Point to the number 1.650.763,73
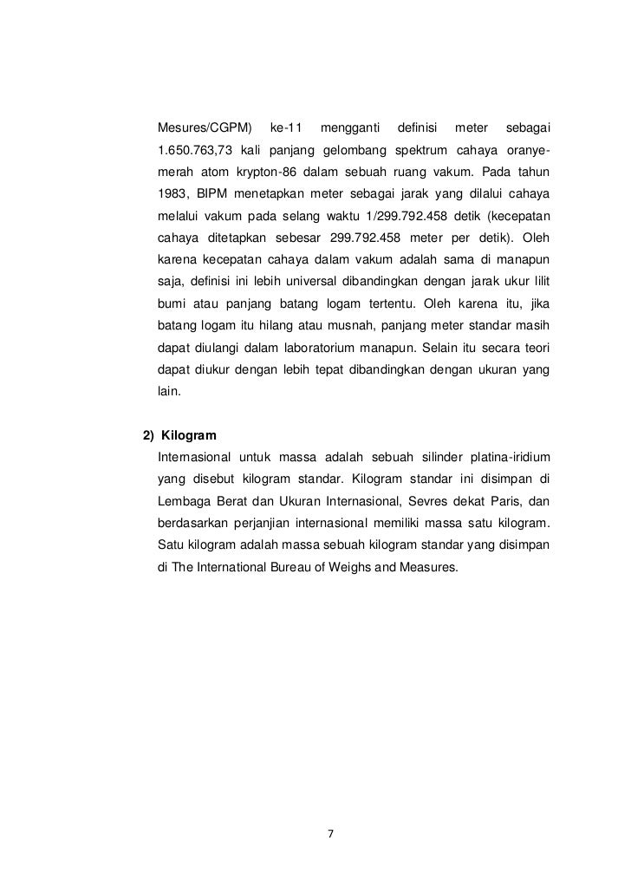coord(196,152)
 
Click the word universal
coord(309,282)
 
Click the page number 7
coord(329,833)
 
